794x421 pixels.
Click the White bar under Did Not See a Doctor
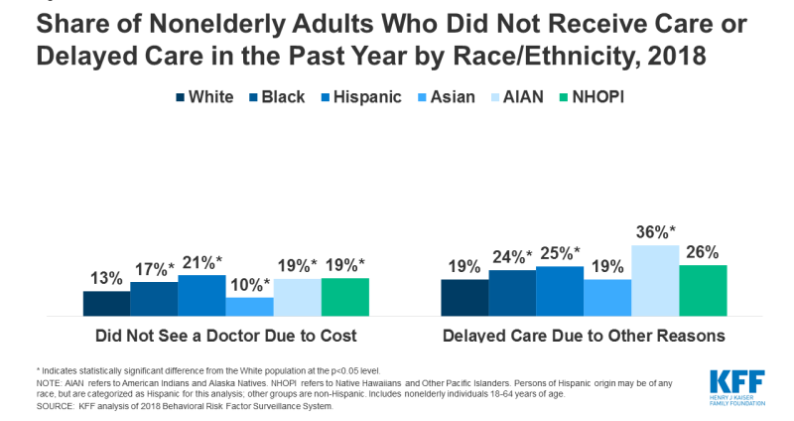pyautogui.click(x=106, y=303)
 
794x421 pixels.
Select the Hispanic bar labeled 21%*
pyautogui.click(x=201, y=295)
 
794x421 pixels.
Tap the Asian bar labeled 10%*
pyautogui.click(x=249, y=306)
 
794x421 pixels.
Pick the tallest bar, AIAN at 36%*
pyautogui.click(x=655, y=280)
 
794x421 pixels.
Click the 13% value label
pyautogui.click(x=106, y=277)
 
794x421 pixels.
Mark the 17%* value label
pyautogui.click(x=155, y=268)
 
